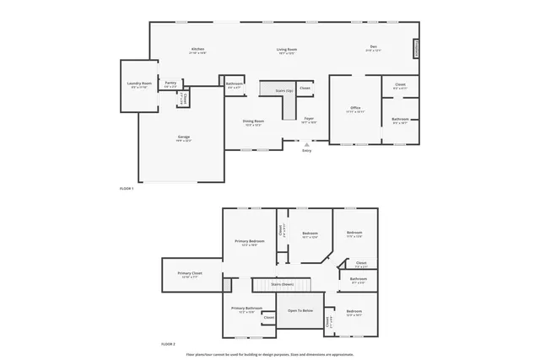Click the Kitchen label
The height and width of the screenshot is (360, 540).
[198, 50]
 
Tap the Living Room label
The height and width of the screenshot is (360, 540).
[286, 50]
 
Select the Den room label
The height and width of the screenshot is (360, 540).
[374, 47]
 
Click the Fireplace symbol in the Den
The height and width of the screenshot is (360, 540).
[415, 49]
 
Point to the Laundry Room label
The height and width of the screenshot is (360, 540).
[139, 83]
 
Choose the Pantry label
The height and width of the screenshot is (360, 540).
[170, 83]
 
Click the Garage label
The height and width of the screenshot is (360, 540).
[183, 137]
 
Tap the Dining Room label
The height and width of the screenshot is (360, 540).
[254, 121]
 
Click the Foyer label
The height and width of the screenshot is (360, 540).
[309, 119]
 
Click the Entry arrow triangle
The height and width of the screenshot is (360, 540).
[306, 144]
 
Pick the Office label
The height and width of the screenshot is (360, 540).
[356, 108]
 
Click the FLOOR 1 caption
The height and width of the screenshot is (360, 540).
[127, 189]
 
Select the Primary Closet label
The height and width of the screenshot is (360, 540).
[190, 273]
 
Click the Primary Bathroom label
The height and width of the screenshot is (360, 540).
[247, 309]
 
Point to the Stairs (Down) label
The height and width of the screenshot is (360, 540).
[283, 284]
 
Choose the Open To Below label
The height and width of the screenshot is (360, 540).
[300, 311]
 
